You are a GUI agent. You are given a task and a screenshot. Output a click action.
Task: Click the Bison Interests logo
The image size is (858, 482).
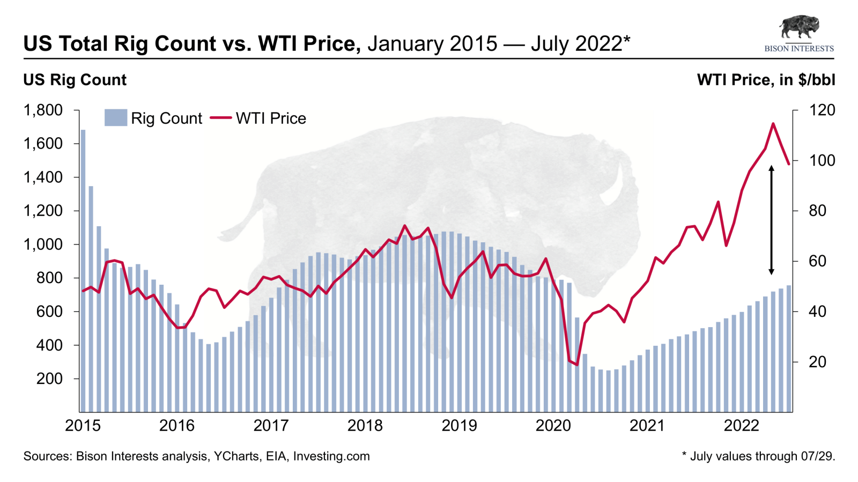pyautogui.click(x=799, y=33)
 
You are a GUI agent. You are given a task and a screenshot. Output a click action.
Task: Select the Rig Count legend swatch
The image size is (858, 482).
pyautogui.click(x=115, y=118)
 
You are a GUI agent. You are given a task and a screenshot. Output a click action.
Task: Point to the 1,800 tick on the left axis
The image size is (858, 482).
pyautogui.click(x=43, y=110)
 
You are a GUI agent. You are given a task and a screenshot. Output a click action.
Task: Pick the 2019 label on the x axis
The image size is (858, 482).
pyautogui.click(x=459, y=426)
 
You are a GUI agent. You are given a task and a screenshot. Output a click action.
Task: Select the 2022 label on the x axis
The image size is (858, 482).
pyautogui.click(x=742, y=426)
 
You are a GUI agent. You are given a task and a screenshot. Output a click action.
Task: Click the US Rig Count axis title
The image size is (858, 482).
pyautogui.click(x=75, y=80)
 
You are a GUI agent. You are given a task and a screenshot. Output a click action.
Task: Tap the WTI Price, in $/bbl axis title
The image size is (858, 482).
pyautogui.click(x=766, y=80)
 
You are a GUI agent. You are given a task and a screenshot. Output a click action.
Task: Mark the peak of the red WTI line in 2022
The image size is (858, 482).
pyautogui.click(x=773, y=124)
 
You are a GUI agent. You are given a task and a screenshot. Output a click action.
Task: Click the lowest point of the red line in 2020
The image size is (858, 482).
pyautogui.click(x=577, y=365)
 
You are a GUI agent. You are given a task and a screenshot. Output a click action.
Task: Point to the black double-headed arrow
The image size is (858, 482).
pyautogui.click(x=771, y=220)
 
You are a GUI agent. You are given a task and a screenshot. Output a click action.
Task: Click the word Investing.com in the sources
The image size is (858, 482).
pyautogui.click(x=331, y=456)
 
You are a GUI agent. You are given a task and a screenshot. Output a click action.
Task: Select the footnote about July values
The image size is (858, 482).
pyautogui.click(x=758, y=456)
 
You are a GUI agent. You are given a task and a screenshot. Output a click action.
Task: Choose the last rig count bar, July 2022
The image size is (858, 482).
pyautogui.click(x=788, y=348)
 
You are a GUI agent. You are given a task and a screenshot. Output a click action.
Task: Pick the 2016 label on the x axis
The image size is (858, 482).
pyautogui.click(x=177, y=426)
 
